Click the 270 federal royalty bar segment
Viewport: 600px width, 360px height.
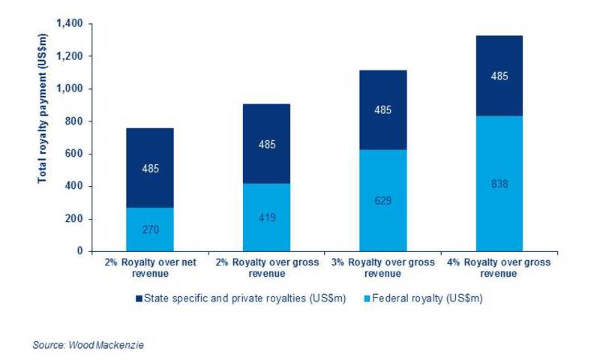coord(150,229)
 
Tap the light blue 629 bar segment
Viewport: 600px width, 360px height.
coord(382,200)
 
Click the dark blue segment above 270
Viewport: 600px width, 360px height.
coord(150,167)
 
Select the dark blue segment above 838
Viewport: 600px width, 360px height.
coord(499,76)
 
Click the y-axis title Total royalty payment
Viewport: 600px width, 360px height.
coord(43,133)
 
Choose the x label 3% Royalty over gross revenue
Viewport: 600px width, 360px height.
coord(382,268)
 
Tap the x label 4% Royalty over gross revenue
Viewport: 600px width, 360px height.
coord(499,268)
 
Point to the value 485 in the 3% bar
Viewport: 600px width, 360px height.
coord(382,110)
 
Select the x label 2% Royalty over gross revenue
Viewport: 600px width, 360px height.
coord(266,268)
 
